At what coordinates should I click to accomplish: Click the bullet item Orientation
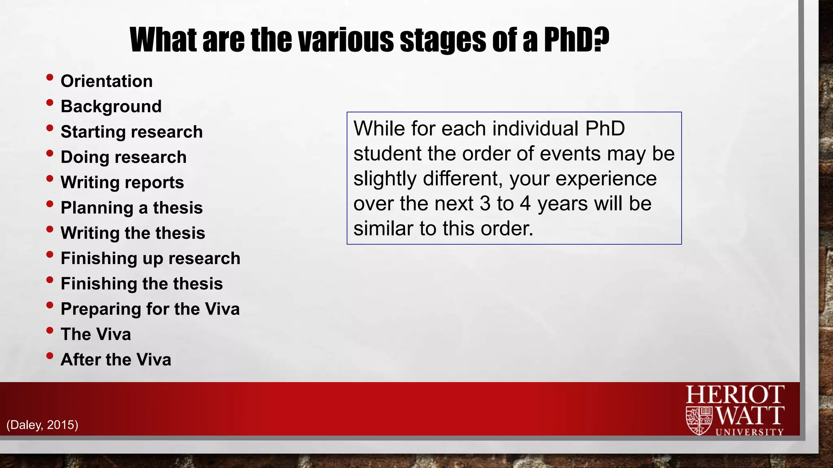coord(107,81)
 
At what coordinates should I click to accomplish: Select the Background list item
coord(111,106)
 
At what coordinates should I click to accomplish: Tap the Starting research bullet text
coord(131,132)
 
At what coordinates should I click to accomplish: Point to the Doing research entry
coord(123,157)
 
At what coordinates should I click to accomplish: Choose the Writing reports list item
coord(122,182)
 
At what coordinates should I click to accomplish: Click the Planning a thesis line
coord(131,208)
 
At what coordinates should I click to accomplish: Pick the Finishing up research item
coord(150,258)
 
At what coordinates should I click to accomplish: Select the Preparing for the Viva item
coord(150,309)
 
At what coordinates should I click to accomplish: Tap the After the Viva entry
coord(116,360)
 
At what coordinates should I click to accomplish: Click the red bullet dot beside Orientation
coord(50,77)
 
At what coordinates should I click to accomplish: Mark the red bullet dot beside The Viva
coord(50,330)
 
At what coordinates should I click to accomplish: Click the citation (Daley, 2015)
coord(42,425)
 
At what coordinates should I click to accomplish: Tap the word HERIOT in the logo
coord(735,394)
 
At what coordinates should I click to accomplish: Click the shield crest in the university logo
coord(699,420)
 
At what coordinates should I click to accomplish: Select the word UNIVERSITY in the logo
coord(749,432)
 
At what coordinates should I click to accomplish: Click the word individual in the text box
coord(536,129)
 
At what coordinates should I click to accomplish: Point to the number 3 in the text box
coord(485,204)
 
